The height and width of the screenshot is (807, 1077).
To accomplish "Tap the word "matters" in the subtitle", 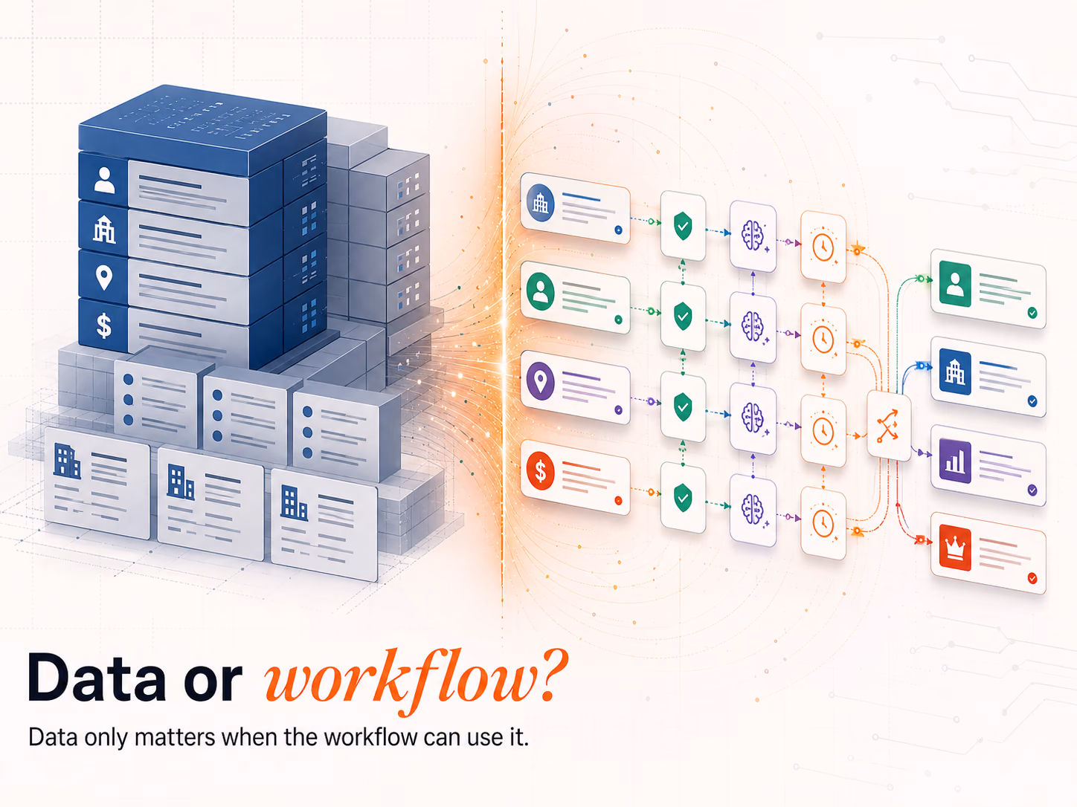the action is pos(175,737).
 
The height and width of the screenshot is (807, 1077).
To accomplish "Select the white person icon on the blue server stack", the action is pos(104,180).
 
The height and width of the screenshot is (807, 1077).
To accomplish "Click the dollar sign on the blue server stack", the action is pos(104,325).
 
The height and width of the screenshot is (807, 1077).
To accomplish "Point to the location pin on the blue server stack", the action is pos(103,278).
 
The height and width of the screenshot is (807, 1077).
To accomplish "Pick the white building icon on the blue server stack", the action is pos(105,230).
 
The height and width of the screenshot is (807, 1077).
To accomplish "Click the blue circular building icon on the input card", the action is pos(540,203).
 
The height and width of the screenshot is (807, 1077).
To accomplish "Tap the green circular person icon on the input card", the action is pos(540,291).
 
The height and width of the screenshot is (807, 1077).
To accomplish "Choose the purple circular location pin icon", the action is pos(540,381).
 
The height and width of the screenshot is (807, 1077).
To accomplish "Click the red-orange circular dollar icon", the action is pos(540,471).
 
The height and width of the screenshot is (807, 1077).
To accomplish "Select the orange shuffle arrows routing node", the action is pos(887,426).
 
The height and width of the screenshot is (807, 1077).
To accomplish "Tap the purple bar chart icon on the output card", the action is pos(955,461).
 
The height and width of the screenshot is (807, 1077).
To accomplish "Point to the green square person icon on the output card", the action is pos(955,284).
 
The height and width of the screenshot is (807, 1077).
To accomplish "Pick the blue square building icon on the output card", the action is pos(955,372).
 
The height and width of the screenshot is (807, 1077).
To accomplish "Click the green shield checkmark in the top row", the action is pos(683,226).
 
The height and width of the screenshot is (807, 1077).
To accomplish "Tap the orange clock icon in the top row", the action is pos(823,247).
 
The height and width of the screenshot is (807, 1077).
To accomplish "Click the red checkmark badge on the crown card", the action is pos(1032,578).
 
